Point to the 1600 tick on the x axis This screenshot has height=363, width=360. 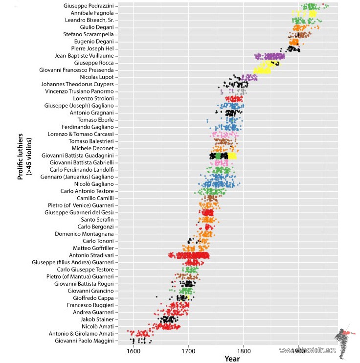pos(133,351)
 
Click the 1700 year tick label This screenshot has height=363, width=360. pos(188,351)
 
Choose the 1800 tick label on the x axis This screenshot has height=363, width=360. pos(244,351)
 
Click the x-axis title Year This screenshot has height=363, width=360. pos(232,359)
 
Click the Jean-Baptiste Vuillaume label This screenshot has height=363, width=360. pos(85,56)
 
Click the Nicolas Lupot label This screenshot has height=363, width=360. pos(97,77)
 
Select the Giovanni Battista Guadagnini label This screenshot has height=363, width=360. pos(77,155)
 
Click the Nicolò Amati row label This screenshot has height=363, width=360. pos(97,326)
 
